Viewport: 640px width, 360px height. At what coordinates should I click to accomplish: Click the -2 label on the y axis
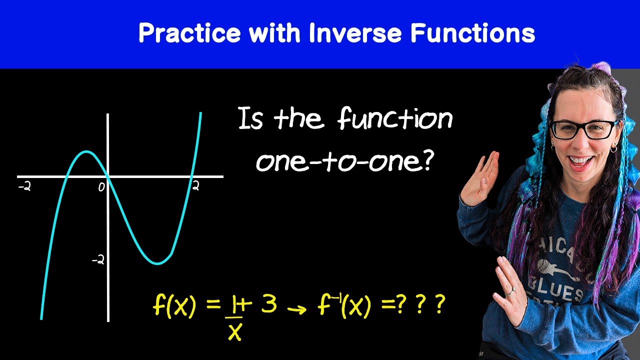97,260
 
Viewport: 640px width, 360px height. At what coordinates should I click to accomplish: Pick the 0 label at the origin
101,187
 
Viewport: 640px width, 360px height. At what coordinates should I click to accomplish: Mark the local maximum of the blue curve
86,151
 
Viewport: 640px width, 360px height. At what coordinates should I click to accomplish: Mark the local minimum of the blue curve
157,263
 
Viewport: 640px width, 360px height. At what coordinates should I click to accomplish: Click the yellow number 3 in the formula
268,305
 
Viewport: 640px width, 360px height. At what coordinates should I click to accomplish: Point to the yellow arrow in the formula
298,309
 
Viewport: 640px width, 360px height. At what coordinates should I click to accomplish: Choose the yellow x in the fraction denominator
234,330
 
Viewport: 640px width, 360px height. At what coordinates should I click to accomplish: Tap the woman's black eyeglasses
583,129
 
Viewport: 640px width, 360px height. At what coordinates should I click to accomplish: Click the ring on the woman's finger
509,291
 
